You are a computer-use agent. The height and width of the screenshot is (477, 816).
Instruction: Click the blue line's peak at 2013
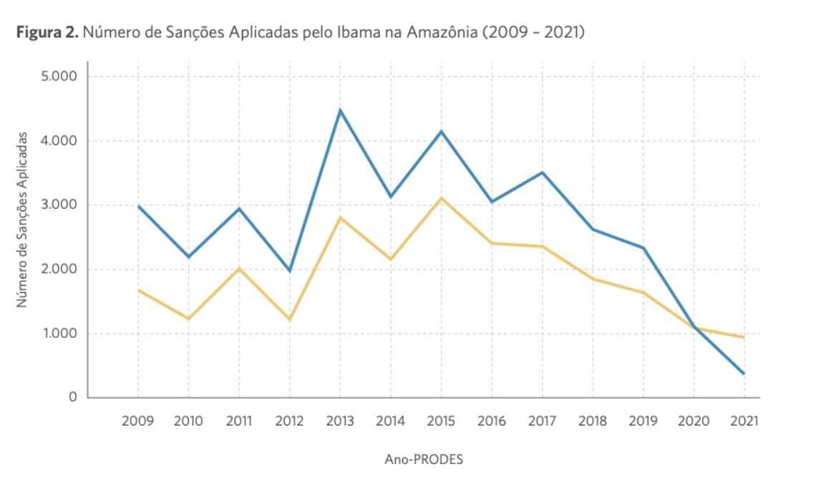click(x=341, y=110)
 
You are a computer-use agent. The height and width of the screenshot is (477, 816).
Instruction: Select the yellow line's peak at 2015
click(x=442, y=198)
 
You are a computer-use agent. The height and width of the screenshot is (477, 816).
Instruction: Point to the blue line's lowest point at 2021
click(x=744, y=373)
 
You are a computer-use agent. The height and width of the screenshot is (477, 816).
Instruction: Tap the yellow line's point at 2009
click(x=138, y=290)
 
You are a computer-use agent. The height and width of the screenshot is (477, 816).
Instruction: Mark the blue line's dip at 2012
click(x=290, y=271)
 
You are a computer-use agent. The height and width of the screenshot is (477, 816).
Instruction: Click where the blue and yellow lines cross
click(x=695, y=328)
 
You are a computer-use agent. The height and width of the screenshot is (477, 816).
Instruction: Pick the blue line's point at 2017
click(x=543, y=173)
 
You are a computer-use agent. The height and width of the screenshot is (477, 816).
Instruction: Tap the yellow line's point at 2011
click(x=239, y=269)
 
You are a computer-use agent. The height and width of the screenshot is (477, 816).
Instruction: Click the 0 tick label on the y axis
click(x=72, y=397)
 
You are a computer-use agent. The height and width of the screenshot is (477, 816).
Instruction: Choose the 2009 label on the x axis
click(x=138, y=421)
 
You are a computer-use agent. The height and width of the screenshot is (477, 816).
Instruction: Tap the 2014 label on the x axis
click(x=391, y=421)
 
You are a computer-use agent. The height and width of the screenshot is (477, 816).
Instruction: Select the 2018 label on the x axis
click(x=593, y=421)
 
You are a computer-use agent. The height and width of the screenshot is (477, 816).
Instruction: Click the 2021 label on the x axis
click(x=744, y=421)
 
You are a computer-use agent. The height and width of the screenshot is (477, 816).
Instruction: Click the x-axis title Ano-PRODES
click(x=424, y=460)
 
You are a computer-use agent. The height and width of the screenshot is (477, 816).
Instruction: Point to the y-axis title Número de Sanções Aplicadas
click(x=23, y=220)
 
